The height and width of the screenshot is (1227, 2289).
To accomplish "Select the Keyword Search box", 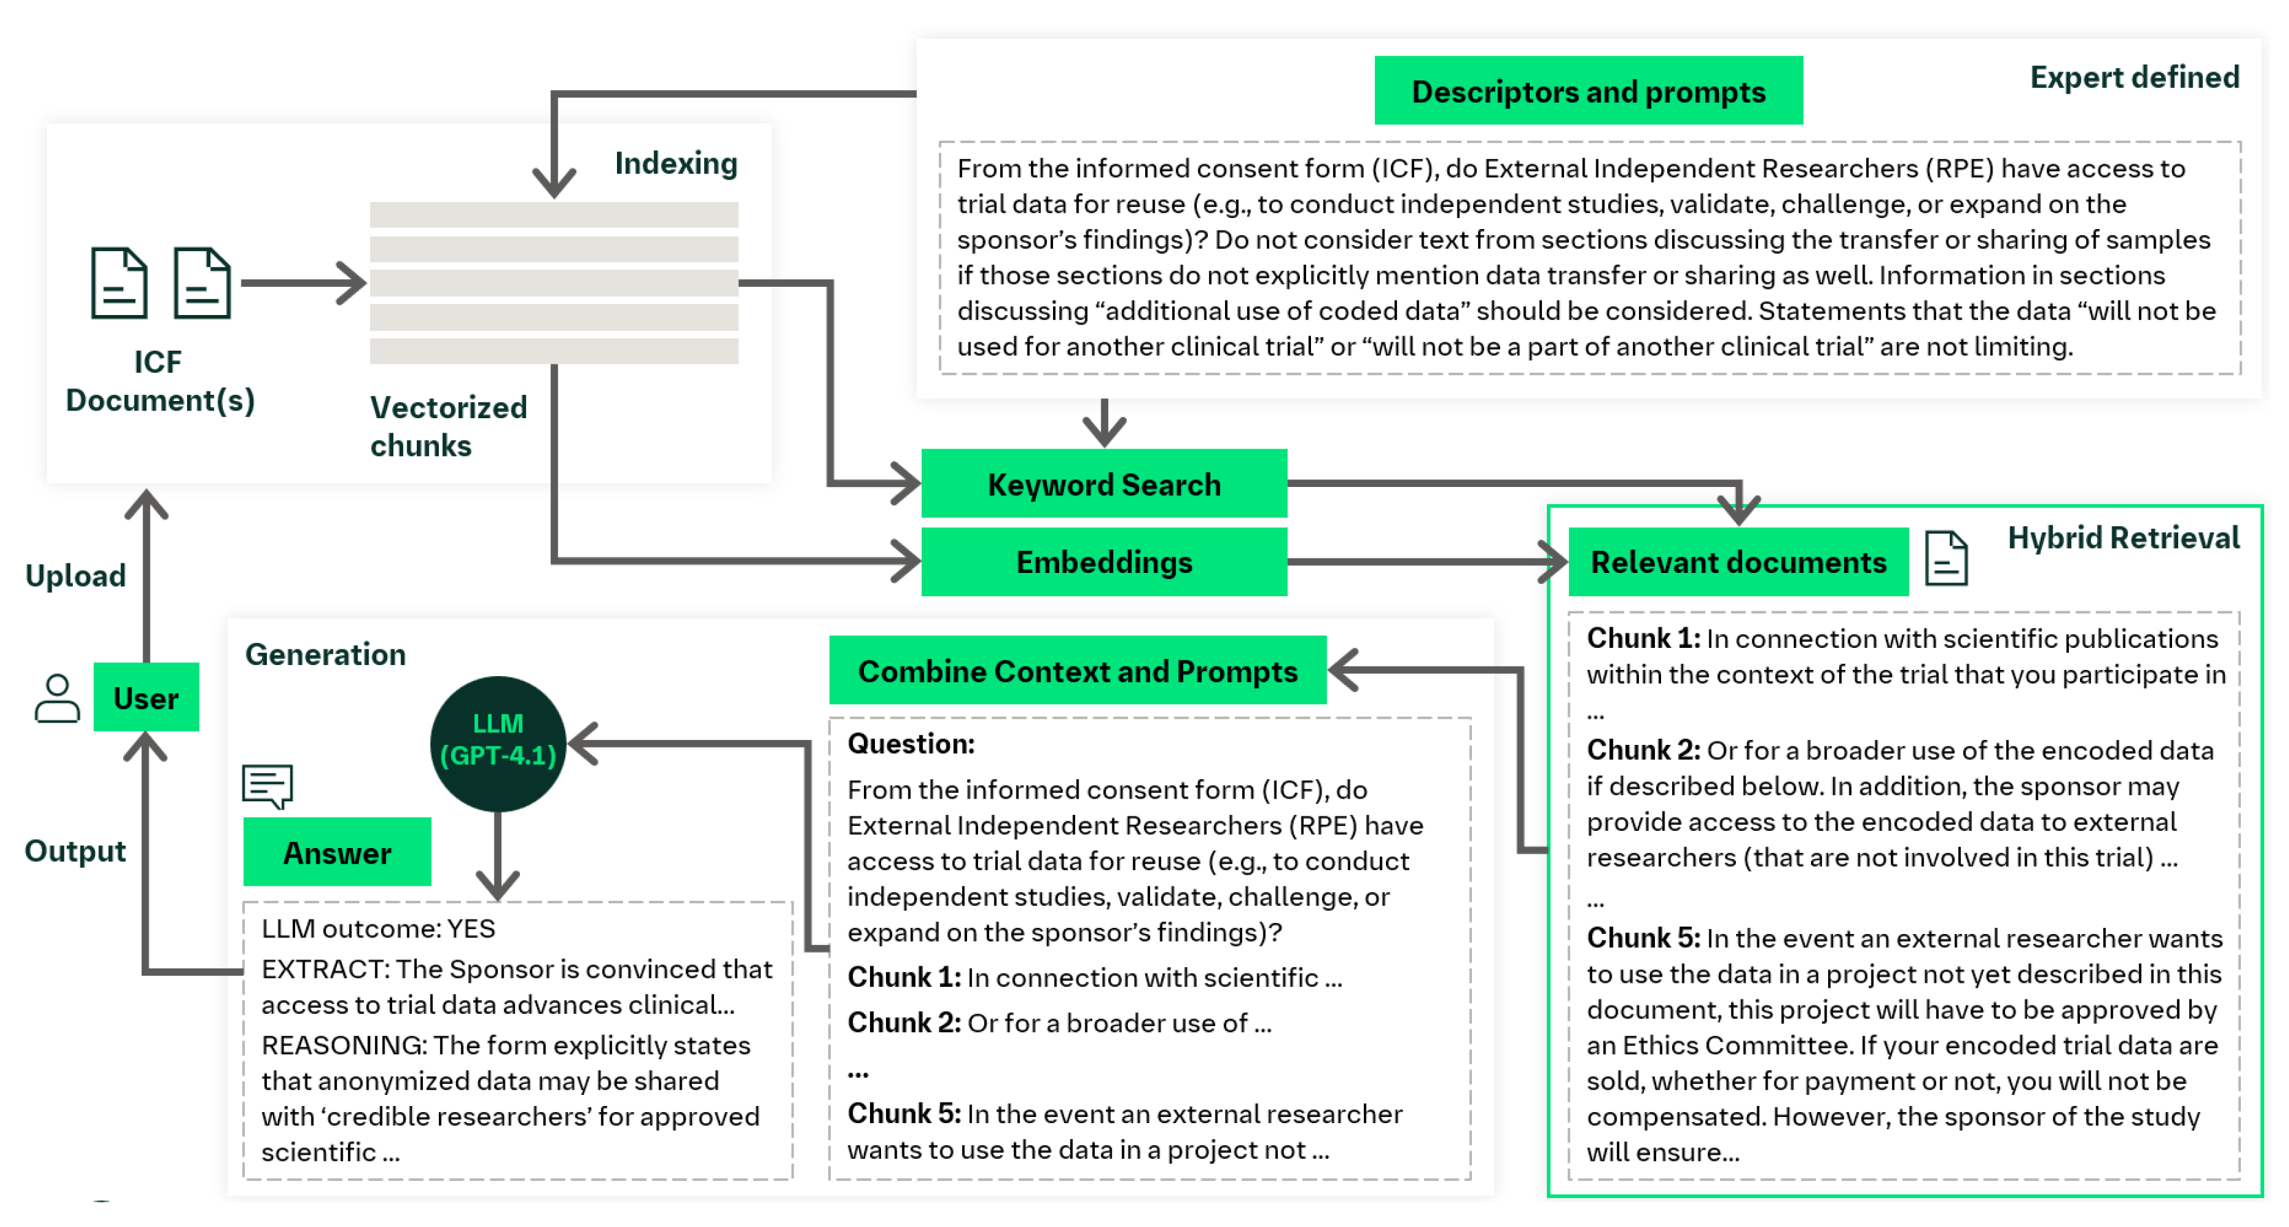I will (x=1104, y=484).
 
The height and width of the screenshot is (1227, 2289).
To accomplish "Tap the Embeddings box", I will (x=1104, y=561).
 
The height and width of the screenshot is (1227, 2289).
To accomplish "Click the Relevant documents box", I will (x=1737, y=561).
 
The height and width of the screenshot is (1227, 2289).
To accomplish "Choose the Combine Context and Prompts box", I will (x=1077, y=671).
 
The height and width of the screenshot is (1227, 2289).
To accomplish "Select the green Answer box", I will (x=337, y=852).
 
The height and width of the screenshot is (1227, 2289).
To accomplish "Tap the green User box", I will (x=146, y=697).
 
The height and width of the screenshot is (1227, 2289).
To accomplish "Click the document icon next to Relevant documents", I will (x=1946, y=558).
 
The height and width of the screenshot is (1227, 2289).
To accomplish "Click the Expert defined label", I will (x=2134, y=77).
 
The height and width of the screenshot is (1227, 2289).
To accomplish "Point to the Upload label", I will (x=76, y=576).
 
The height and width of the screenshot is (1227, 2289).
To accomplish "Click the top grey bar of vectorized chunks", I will (x=554, y=214).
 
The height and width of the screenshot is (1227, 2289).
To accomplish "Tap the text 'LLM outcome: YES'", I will (x=378, y=929).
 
